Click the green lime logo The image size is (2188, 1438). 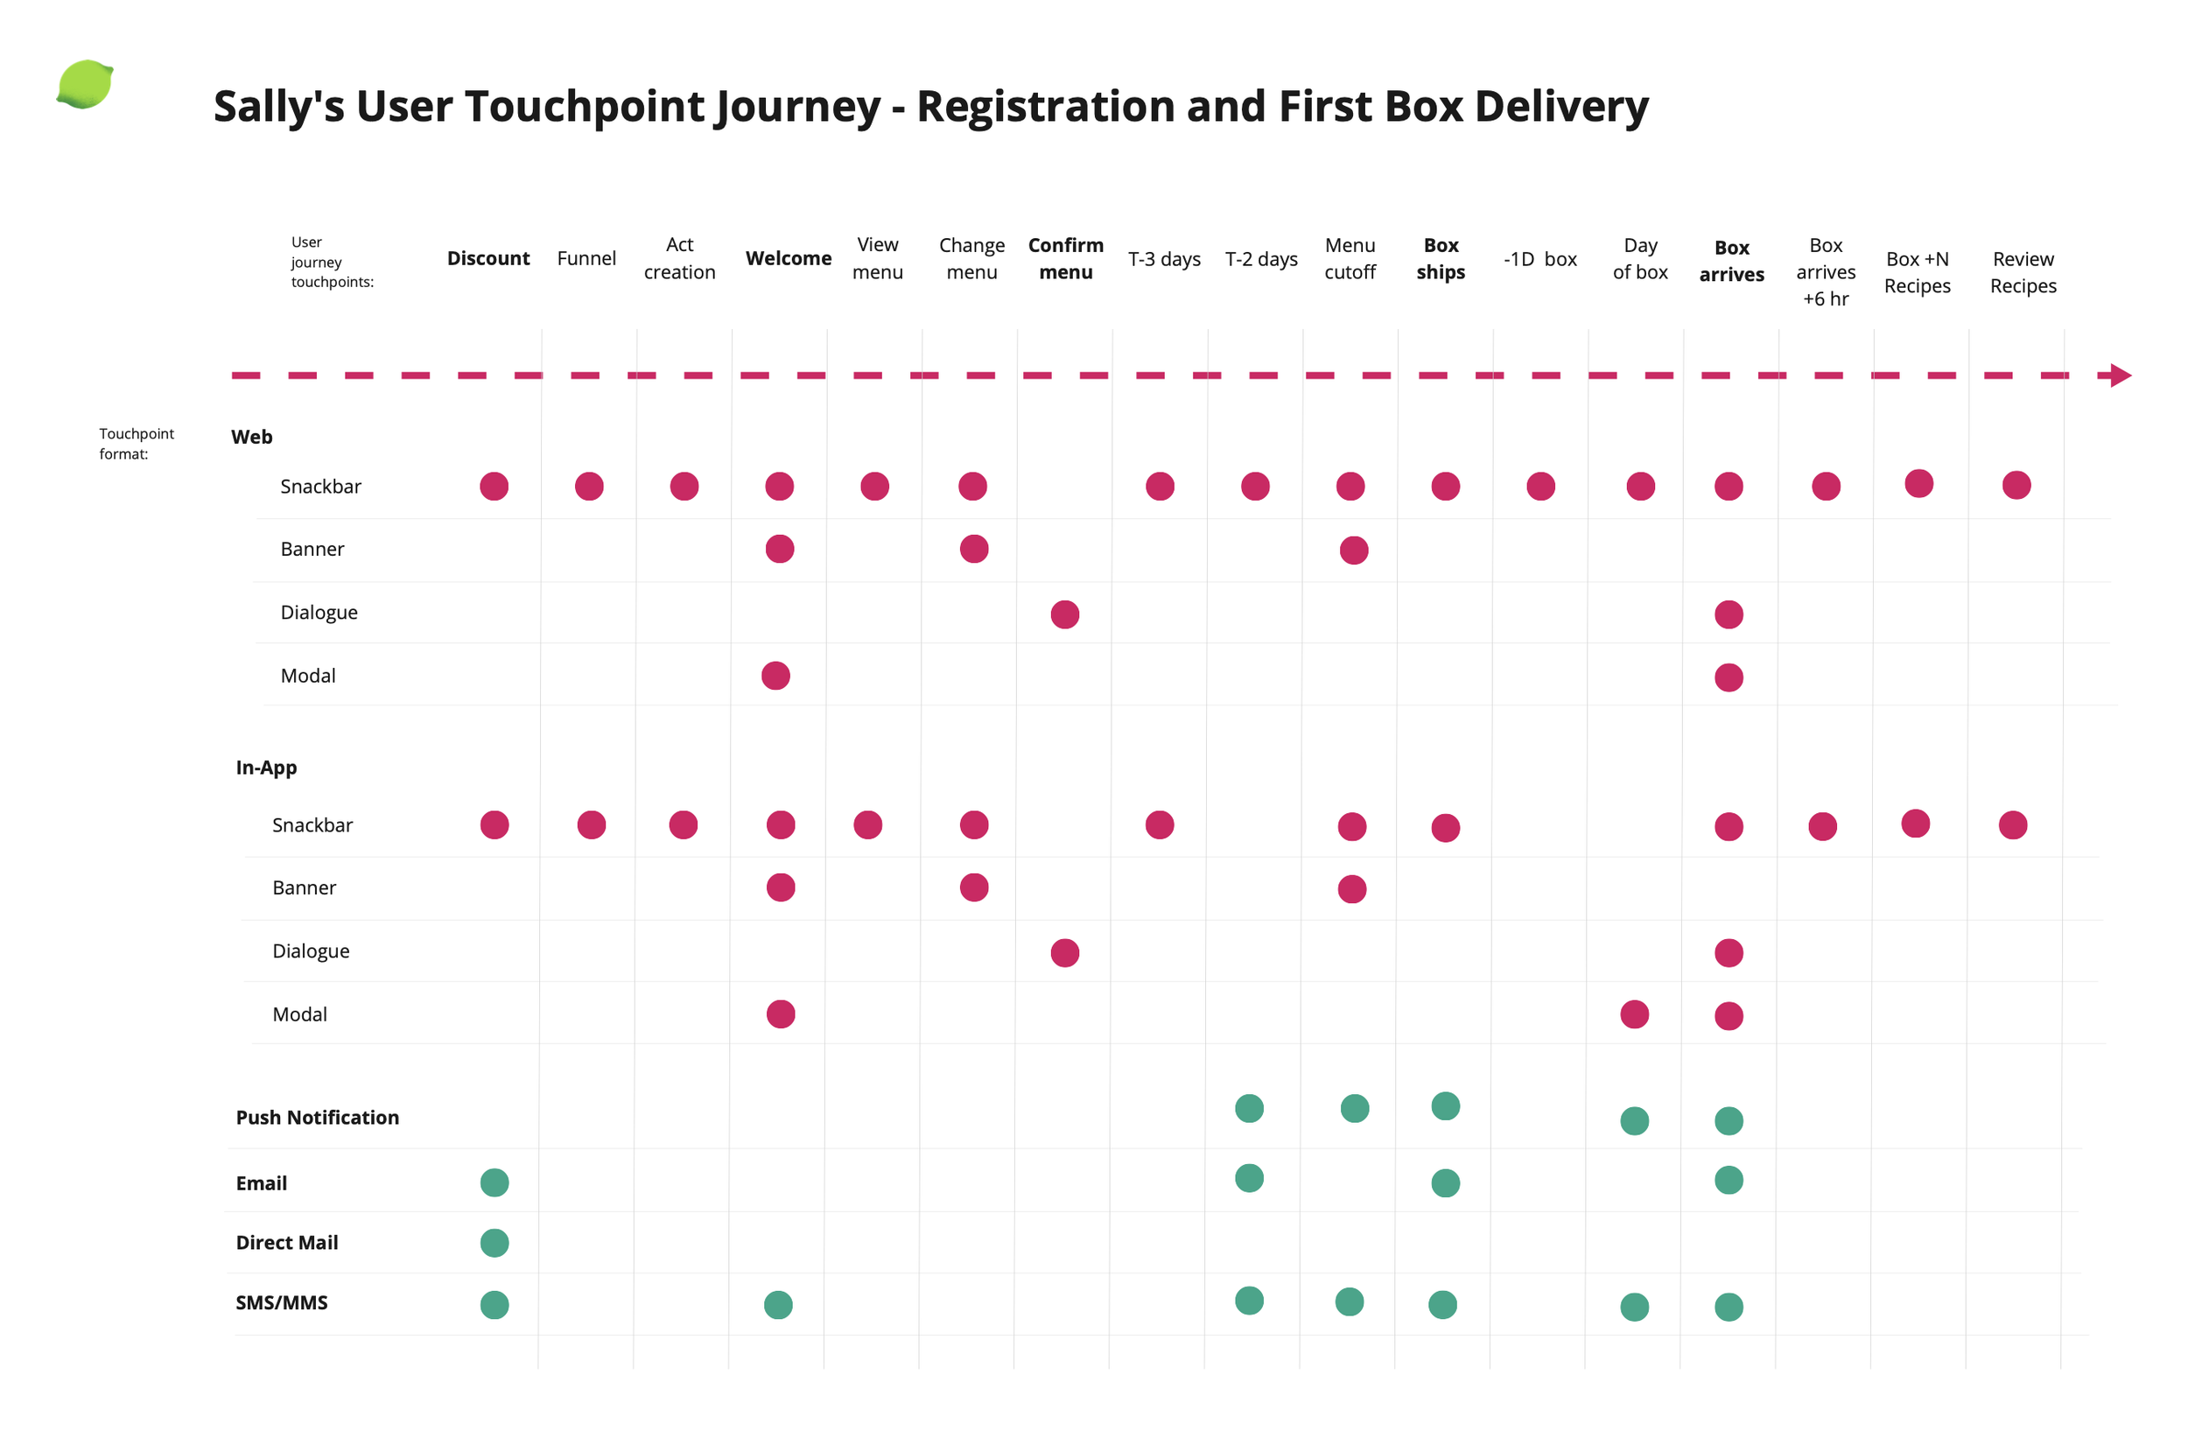pos(85,85)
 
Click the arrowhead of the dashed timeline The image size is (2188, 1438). pos(2120,375)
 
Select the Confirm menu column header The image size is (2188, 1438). pos(1065,258)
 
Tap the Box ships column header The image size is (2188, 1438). pos(1441,258)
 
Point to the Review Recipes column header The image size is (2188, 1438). pos(2023,272)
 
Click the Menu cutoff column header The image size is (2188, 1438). pos(1350,258)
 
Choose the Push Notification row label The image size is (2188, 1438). pos(317,1117)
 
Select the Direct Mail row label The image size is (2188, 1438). pos(287,1242)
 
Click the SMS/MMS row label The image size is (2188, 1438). pos(281,1302)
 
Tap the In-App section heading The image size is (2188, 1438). pos(266,768)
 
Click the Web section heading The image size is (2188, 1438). pos(252,437)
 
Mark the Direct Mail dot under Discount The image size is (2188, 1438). pos(494,1242)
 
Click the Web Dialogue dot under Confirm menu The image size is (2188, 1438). pos(1064,614)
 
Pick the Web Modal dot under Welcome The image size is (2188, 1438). pos(776,676)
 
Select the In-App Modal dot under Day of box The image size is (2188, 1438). pos(1635,1014)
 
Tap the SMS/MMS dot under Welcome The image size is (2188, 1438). pos(779,1305)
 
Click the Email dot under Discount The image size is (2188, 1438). pos(494,1182)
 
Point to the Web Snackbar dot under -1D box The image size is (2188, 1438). pos(1541,487)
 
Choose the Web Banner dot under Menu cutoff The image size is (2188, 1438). pos(1354,550)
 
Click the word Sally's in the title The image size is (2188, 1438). pos(278,106)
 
